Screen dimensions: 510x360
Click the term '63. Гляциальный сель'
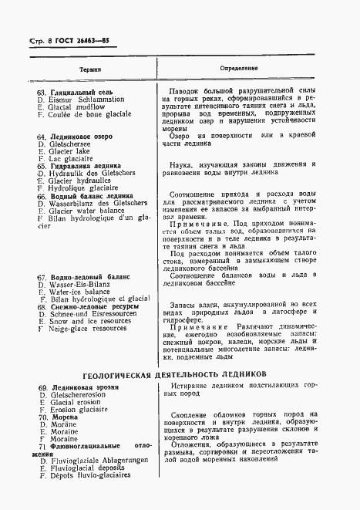76,91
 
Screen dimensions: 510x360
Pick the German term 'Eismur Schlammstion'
81,100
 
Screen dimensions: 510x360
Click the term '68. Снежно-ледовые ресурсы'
88,307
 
